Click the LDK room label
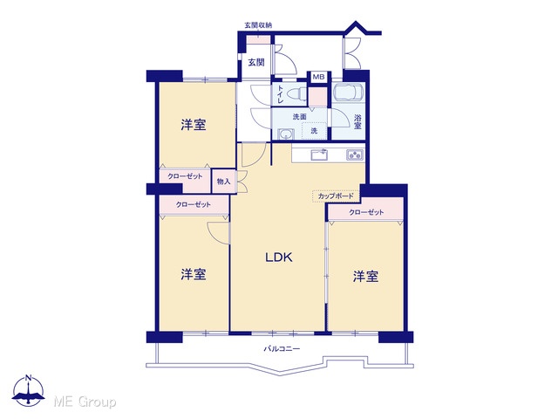(x=279, y=257)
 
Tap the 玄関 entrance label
(x=256, y=62)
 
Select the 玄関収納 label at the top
(x=258, y=25)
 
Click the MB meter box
(x=318, y=77)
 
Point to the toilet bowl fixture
(x=296, y=95)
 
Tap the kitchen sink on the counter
(x=319, y=155)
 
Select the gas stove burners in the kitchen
(x=355, y=155)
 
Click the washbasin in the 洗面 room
(x=285, y=134)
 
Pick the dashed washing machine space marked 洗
(x=314, y=130)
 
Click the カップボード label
(x=336, y=196)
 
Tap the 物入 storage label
(x=223, y=182)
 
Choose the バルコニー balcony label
(x=282, y=349)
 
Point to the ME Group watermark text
(x=85, y=402)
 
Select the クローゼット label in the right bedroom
(x=366, y=212)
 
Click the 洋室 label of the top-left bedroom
(x=194, y=125)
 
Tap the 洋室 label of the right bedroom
(x=365, y=277)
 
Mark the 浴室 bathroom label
(x=357, y=121)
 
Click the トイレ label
(x=281, y=94)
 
